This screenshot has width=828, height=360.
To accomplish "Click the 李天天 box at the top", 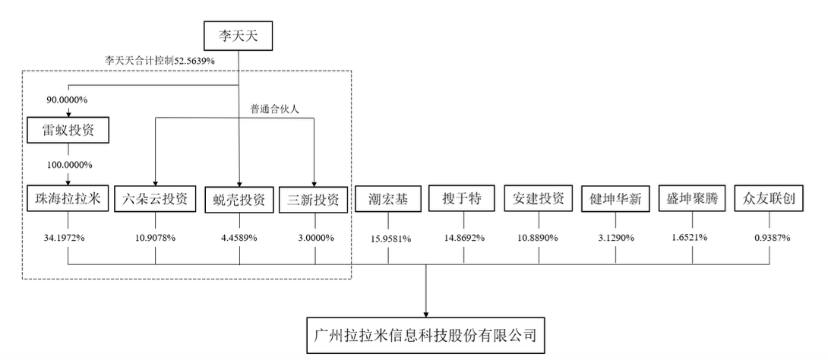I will [239, 34].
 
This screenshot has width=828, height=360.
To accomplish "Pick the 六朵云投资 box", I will [155, 199].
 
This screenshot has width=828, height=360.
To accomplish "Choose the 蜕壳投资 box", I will [239, 199].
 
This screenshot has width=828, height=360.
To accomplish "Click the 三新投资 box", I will [314, 199].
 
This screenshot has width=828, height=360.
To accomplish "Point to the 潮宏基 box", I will [387, 199].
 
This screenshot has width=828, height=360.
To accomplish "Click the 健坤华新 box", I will [615, 199].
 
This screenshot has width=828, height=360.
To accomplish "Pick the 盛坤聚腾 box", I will [692, 199].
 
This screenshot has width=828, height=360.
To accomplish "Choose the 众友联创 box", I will [769, 199].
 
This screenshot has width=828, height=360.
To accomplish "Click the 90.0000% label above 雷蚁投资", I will [68, 98].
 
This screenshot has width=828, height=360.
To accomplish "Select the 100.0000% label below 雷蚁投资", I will [68, 165].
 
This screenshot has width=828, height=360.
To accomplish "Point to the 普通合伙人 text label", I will [274, 109].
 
